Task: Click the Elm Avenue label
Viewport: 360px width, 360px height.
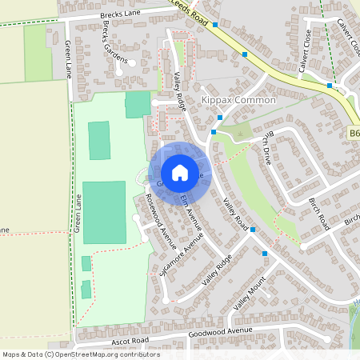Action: (191, 212)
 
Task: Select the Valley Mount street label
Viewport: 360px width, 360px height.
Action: (249, 296)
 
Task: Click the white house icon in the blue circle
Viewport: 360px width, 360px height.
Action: (180, 173)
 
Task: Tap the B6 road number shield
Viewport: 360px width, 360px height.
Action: (354, 134)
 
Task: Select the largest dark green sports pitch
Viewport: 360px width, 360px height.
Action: (104, 212)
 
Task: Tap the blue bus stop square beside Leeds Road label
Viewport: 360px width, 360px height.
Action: (215, 25)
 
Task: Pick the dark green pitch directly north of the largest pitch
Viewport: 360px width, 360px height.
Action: (98, 140)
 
